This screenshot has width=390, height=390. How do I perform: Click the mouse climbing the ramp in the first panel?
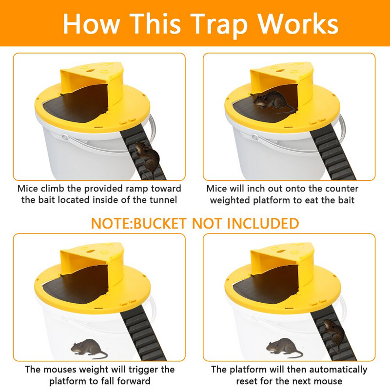147,157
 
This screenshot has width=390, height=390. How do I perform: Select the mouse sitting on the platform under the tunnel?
273,101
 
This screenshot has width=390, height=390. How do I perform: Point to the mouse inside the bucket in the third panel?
89,348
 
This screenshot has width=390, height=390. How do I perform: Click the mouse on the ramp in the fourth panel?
334,334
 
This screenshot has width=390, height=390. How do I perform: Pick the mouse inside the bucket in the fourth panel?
284,348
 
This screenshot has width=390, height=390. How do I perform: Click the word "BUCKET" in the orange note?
160,223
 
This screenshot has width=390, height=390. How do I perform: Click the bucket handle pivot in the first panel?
65,137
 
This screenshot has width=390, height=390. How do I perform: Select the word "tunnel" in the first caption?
163,200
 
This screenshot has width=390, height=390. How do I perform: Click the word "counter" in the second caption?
342,189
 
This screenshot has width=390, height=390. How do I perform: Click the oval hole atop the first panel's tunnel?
90,71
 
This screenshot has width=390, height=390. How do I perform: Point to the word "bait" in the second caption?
345,200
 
